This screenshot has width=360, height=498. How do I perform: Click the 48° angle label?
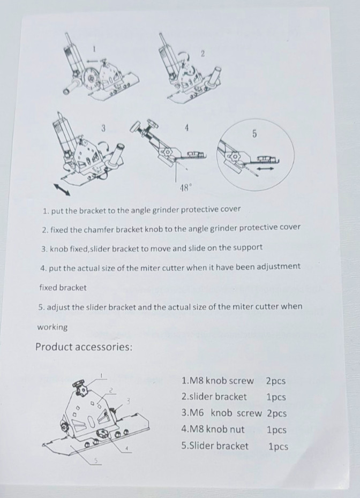coord(185,188)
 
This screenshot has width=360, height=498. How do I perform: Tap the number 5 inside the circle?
coord(254,134)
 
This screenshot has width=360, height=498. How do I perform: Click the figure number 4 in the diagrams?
coord(186,127)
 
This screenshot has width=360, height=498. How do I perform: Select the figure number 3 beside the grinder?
coord(103,127)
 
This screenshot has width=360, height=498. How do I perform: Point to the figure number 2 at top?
coord(202,53)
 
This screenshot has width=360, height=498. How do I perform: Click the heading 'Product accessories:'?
coord(84,347)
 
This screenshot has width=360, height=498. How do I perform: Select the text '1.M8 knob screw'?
coord(217,381)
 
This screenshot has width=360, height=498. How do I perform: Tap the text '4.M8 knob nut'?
coord(213,429)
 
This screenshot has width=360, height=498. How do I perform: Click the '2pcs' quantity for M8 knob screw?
coord(275,381)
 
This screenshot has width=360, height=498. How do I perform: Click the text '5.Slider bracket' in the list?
coord(215,446)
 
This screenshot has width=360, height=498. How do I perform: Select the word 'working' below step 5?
coord(52,327)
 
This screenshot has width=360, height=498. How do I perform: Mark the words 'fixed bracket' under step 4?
coord(63,288)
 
